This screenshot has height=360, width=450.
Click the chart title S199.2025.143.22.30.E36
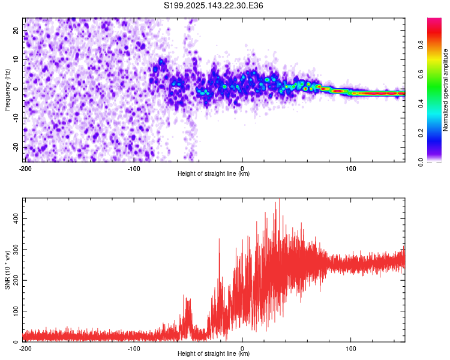pos(214,5)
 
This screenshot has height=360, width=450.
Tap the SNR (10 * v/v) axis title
pos(7,271)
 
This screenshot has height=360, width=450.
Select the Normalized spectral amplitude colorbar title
pos(446,90)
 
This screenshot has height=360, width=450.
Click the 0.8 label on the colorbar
pos(421,44)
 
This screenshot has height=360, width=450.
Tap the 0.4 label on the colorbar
pos(421,103)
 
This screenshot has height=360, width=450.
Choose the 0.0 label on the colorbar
pos(421,161)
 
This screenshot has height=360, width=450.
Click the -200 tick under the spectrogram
pos(25,168)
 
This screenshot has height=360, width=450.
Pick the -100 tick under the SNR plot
pos(134,348)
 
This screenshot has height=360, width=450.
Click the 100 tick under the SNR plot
pos(351,348)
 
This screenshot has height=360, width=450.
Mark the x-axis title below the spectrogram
pos(214,174)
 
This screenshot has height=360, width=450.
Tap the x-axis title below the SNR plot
pos(214,354)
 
